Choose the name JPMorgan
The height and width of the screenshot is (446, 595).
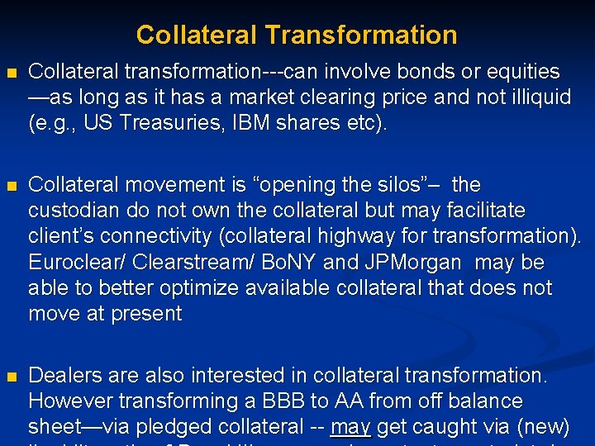[x=411, y=262]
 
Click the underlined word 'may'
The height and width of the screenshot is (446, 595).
[x=350, y=427]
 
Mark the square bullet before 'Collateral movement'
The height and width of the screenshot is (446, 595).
[x=11, y=185]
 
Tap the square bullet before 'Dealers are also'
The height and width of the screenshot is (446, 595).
[x=11, y=377]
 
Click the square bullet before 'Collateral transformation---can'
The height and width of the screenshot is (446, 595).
[x=11, y=73]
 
